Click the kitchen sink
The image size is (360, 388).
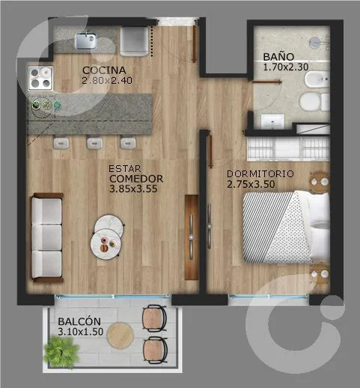click(86, 41)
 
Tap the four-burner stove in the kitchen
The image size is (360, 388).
click(40, 78)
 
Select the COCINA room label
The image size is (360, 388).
click(104, 70)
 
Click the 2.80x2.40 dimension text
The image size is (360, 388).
click(107, 80)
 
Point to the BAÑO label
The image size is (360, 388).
click(278, 57)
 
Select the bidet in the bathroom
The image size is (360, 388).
click(317, 79)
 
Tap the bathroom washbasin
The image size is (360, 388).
click(272, 121)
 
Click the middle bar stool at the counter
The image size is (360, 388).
click(94, 144)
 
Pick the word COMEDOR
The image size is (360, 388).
click(136, 179)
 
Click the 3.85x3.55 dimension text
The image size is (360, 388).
click(133, 188)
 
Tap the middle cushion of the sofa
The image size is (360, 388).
click(46, 237)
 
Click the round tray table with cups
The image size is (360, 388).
click(106, 244)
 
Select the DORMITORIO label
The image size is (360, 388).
click(260, 174)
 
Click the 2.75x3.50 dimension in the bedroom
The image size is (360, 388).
click(251, 184)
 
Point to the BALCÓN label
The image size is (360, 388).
click(79, 321)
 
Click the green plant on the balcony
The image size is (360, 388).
click(61, 352)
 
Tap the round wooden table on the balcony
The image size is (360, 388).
click(120, 335)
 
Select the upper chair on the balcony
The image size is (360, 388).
click(154, 318)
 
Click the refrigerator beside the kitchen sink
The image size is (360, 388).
click(134, 41)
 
